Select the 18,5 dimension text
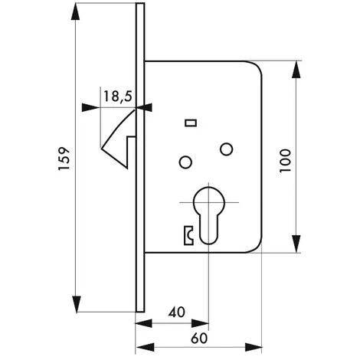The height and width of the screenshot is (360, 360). pos(116,96)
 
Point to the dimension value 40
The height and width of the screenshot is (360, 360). pos(177,312)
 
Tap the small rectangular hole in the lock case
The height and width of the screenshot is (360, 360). pos(189,123)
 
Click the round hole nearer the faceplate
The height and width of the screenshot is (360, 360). pos(184,162)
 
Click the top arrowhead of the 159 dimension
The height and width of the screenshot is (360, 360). pos(77,9)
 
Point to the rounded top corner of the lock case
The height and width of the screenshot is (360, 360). pos(256,67)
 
